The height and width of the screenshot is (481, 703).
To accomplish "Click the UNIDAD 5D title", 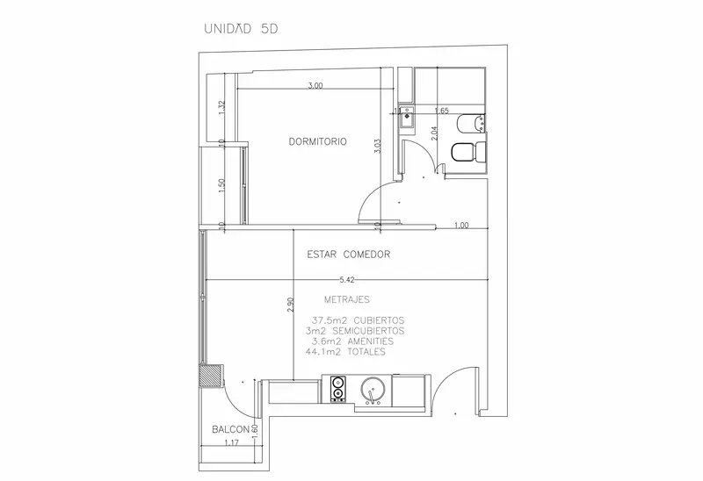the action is (x=241, y=29).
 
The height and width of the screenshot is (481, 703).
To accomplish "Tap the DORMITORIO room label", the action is (x=317, y=141).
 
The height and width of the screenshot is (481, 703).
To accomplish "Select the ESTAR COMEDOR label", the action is (x=348, y=255).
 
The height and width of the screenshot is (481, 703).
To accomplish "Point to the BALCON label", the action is (x=230, y=429).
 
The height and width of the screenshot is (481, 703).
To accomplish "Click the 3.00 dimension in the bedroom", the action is (x=315, y=85).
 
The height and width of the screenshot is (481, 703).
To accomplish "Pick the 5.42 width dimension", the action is (x=346, y=280).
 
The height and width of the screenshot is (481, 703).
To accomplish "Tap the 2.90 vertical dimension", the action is (x=291, y=305).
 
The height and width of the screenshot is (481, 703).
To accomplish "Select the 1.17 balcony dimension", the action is (x=231, y=442).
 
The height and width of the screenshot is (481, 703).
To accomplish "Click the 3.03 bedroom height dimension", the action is (x=378, y=147).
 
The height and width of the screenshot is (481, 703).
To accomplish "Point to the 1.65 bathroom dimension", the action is (x=442, y=111).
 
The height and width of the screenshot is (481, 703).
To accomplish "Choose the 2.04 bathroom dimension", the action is (x=434, y=133).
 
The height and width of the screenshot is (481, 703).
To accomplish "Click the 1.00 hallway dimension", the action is (x=461, y=226).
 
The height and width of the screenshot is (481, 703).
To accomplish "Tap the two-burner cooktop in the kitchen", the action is (x=337, y=388).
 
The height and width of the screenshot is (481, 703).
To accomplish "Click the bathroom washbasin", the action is (x=407, y=117).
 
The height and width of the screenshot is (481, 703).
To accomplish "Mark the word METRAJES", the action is (x=346, y=299).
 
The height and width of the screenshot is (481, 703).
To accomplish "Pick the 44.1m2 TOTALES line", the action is (x=345, y=352).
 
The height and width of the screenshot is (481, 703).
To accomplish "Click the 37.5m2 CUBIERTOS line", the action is (x=358, y=320).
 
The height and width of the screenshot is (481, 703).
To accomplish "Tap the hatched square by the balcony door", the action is (x=210, y=376).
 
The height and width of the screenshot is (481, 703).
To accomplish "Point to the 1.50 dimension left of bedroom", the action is (x=221, y=186).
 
